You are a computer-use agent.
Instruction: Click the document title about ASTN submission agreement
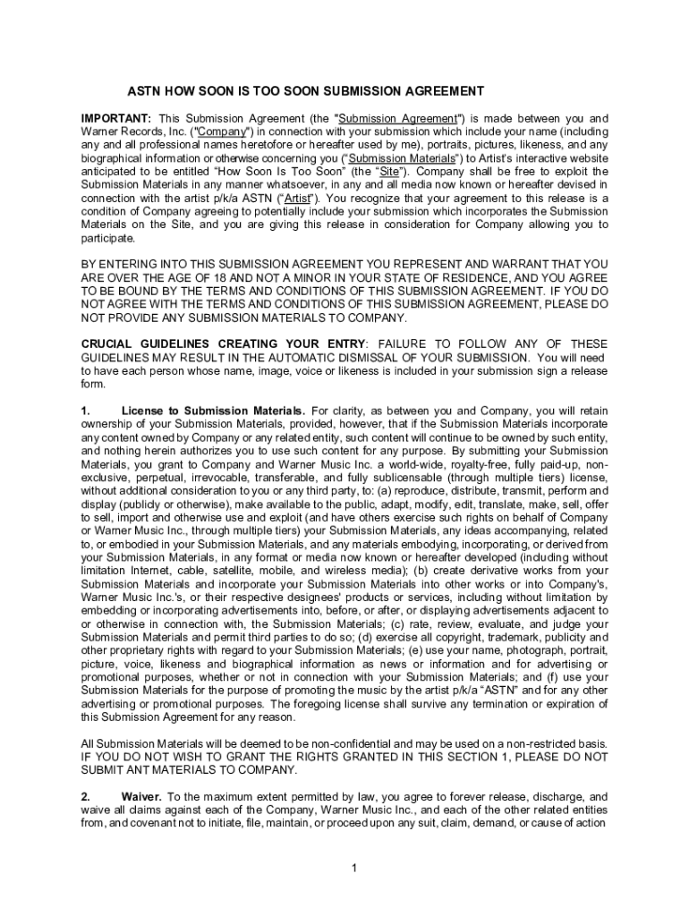pos(305,91)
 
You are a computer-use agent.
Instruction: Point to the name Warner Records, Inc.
pos(131,131)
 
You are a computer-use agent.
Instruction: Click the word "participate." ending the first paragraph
pos(108,239)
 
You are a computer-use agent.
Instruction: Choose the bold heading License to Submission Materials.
pos(214,411)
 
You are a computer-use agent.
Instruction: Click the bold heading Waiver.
pos(141,796)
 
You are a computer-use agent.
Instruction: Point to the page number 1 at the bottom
pos(355,869)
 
